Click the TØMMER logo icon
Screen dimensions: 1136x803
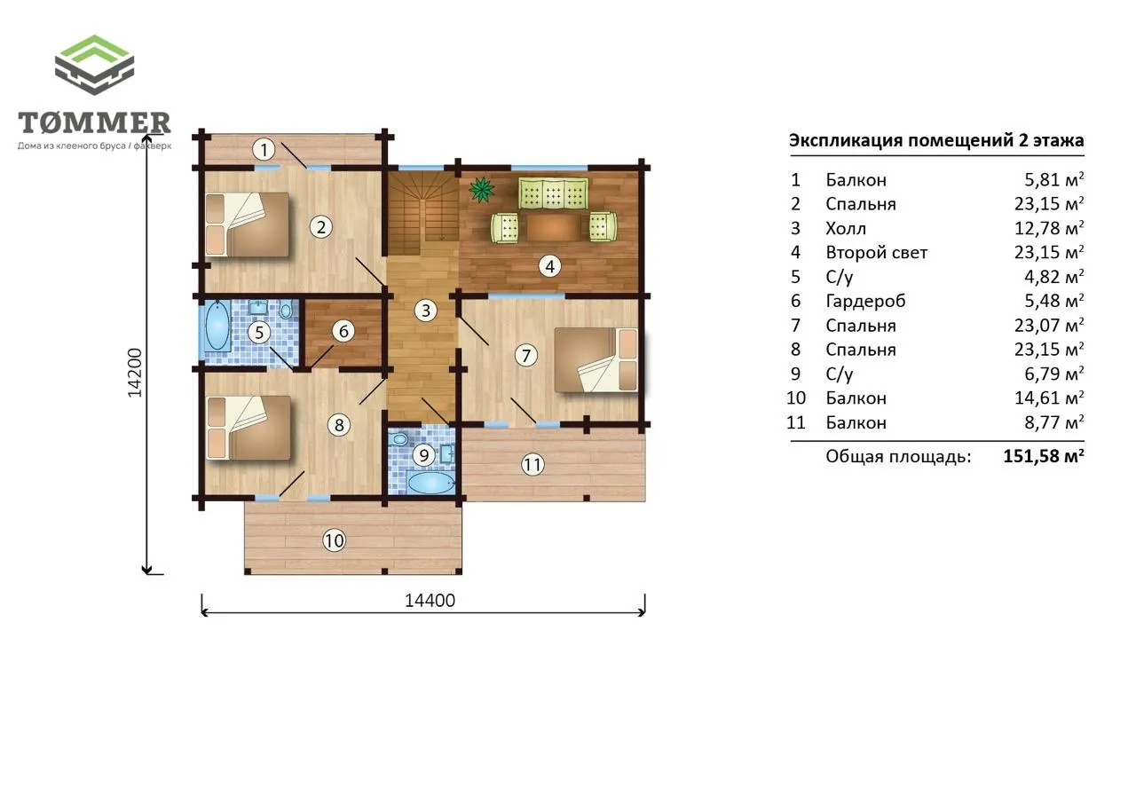click(94, 65)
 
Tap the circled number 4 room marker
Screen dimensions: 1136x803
click(549, 265)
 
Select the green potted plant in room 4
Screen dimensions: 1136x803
click(481, 190)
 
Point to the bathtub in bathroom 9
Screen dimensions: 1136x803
click(430, 483)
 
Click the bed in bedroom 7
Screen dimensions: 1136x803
click(596, 360)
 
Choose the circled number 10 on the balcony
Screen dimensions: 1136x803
click(335, 541)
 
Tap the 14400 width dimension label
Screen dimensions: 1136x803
click(430, 601)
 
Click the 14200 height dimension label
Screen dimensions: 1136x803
click(135, 373)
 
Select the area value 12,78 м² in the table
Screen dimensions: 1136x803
click(1049, 228)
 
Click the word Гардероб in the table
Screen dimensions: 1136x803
click(865, 301)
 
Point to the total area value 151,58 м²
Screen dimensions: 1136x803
click(1044, 456)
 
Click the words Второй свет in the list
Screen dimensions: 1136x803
click(876, 253)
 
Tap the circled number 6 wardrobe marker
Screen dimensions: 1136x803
click(343, 331)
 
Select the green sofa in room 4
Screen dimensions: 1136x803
click(553, 193)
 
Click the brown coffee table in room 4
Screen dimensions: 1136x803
click(555, 228)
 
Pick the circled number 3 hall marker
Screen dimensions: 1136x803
click(425, 311)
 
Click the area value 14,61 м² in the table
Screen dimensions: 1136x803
click(1049, 398)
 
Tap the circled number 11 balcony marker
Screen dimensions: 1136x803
click(532, 464)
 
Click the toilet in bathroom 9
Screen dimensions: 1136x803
click(399, 438)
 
